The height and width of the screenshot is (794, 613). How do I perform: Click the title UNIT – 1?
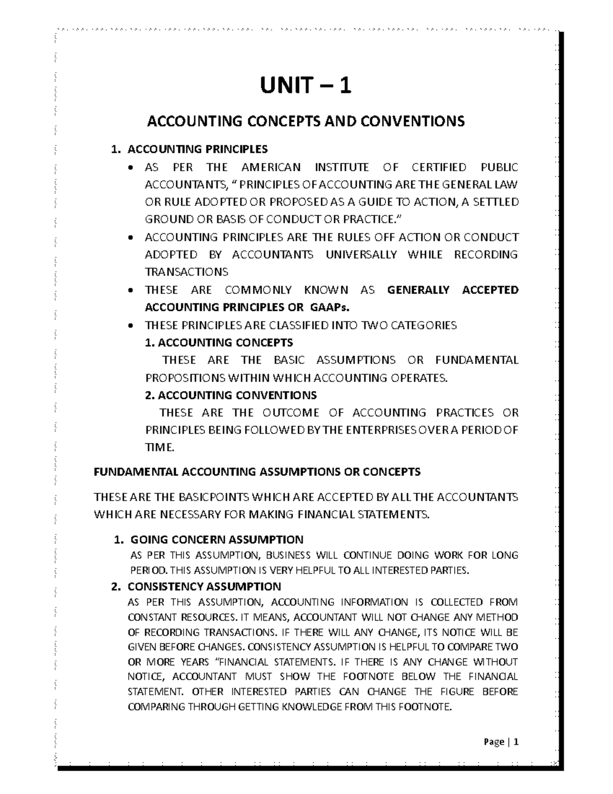[305, 85]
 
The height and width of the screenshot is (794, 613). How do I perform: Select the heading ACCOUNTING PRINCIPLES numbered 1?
[197, 149]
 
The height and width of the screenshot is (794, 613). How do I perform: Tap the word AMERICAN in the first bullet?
[271, 167]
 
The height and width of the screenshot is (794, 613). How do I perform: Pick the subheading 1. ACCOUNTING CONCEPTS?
[219, 342]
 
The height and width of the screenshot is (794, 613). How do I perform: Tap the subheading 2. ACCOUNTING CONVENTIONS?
[231, 395]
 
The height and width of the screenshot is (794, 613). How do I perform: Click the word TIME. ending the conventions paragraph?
[160, 447]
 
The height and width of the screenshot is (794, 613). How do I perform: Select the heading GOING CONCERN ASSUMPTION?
[217, 539]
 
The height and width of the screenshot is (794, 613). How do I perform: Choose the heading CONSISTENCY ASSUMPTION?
[204, 586]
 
